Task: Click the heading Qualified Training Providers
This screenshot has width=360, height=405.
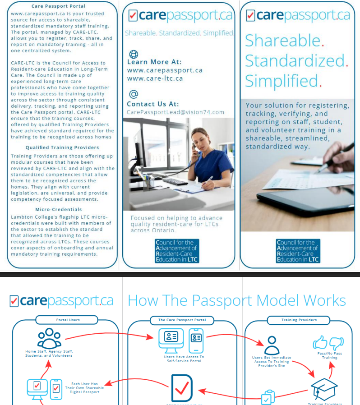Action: click(62, 147)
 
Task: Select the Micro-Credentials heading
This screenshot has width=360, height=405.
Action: click(59, 209)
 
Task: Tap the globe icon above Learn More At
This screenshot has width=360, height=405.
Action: click(134, 55)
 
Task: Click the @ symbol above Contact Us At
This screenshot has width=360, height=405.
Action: click(134, 94)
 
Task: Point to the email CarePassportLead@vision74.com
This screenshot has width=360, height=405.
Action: click(175, 112)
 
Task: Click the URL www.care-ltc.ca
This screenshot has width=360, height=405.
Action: click(155, 78)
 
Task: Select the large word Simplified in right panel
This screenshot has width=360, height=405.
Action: click(282, 81)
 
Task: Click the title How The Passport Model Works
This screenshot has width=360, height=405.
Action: click(237, 301)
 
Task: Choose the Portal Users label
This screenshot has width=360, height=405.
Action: click(68, 320)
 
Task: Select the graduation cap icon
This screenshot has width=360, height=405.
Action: click(324, 388)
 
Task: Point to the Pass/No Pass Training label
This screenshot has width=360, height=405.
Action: click(329, 355)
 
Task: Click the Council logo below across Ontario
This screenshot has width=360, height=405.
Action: click(176, 251)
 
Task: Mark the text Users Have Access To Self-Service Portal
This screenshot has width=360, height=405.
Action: click(184, 359)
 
